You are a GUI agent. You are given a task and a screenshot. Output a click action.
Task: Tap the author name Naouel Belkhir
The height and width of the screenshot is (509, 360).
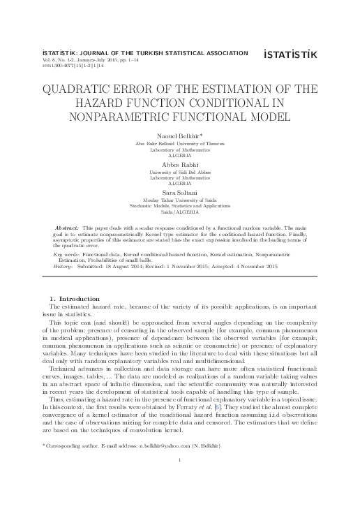pyautogui.click(x=179, y=134)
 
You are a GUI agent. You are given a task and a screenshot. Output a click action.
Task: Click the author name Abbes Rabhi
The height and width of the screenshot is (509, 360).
pyautogui.click(x=180, y=164)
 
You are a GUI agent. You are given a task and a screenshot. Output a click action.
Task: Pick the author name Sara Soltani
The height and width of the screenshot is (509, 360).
pyautogui.click(x=180, y=195)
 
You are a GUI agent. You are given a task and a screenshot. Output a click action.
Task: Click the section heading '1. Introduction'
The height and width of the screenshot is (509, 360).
pyautogui.click(x=73, y=299)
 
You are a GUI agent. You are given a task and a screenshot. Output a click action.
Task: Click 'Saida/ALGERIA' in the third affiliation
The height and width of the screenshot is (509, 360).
pyautogui.click(x=180, y=213)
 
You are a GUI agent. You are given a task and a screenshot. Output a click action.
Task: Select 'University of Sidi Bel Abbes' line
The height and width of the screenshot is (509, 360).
pyautogui.click(x=180, y=171)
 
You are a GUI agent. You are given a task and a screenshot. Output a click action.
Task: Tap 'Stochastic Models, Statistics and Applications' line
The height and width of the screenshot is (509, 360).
pyautogui.click(x=180, y=207)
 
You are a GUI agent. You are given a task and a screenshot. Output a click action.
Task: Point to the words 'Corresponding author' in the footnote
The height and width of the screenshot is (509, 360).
pyautogui.click(x=73, y=445)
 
